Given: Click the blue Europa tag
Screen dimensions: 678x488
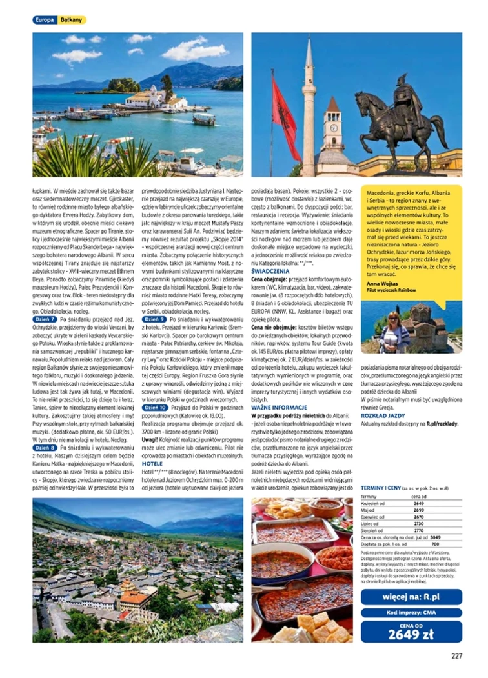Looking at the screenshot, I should pos(45,20).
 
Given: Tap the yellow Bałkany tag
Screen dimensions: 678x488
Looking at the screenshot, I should pos(72,20).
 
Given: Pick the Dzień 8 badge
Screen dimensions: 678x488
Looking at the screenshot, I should pos(45,447).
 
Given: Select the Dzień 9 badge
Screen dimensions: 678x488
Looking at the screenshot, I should pos(154,319).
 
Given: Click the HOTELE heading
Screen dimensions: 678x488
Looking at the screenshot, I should pos(152,463).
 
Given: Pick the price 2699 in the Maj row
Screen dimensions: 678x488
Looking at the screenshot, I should pos(418,510).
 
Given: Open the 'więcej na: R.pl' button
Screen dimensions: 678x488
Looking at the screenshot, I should pos(411,597).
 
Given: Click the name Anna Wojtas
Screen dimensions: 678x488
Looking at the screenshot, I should pos(381,265).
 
